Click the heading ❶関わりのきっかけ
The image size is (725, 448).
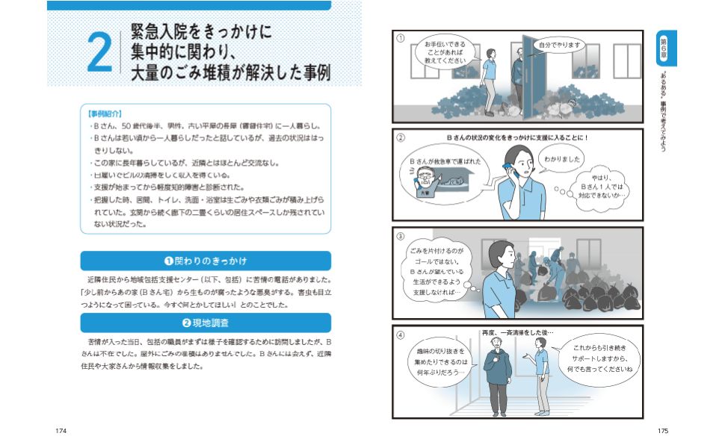pyautogui.click(x=206, y=261)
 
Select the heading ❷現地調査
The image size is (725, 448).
pyautogui.click(x=206, y=323)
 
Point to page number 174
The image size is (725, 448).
pyautogui.click(x=62, y=431)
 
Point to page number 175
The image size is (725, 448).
pyautogui.click(x=662, y=431)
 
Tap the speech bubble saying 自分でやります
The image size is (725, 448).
pyautogui.click(x=558, y=45)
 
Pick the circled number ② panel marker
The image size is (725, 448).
pyautogui.click(x=401, y=138)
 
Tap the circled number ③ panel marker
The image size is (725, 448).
pyautogui.click(x=401, y=234)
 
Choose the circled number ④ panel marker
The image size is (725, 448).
pyautogui.click(x=401, y=334)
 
